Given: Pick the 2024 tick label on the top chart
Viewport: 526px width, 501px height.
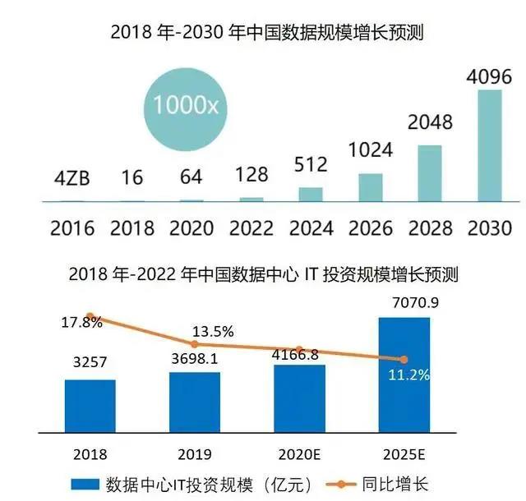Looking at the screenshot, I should click(x=310, y=227).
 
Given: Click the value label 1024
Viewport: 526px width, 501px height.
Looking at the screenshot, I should click(x=370, y=152).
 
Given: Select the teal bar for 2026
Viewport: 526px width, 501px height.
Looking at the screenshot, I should click(x=371, y=187).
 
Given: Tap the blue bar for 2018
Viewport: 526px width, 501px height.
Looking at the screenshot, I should click(x=90, y=406).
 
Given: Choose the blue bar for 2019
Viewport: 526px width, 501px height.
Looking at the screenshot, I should click(x=195, y=402).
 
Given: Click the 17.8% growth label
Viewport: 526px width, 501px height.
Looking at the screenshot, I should click(x=82, y=321).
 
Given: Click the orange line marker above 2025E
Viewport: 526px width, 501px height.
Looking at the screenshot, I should click(x=404, y=359).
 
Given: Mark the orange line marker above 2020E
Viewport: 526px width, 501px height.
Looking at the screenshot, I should click(x=300, y=350).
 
